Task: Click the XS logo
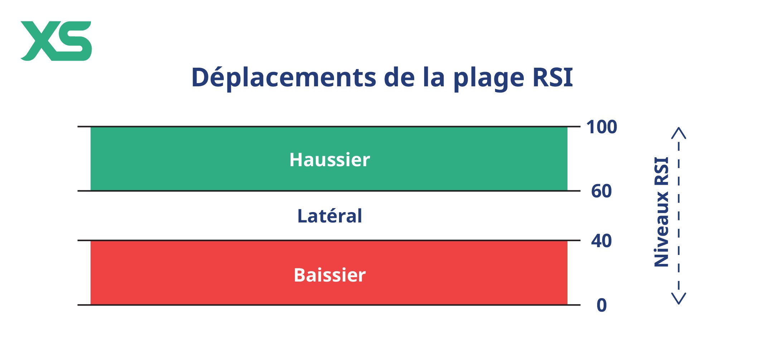(56, 41)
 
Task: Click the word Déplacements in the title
(284, 77)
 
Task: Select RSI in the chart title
(553, 77)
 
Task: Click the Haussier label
(330, 159)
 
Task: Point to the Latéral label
(330, 216)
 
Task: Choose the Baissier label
(330, 275)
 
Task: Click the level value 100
(601, 127)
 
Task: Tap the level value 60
(601, 191)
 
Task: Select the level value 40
(601, 241)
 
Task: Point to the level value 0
(602, 305)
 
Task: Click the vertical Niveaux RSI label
(661, 212)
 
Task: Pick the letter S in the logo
(74, 41)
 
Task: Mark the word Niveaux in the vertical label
(661, 229)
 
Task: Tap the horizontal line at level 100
(329, 126)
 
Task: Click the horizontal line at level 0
(329, 305)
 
